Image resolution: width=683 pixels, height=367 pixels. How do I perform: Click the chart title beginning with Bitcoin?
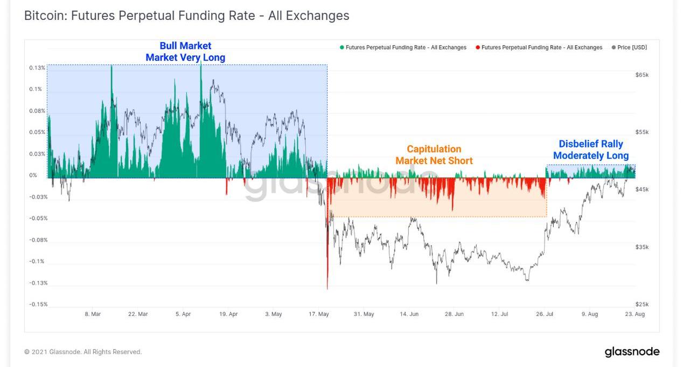(186, 16)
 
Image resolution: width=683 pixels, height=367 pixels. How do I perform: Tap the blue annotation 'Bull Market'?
(185, 46)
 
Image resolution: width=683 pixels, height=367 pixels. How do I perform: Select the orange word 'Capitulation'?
(434, 149)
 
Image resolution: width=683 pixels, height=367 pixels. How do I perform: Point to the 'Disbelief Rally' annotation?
(590, 144)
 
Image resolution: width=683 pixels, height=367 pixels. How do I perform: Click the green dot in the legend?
(342, 47)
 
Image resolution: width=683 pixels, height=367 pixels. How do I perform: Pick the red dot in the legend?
(478, 47)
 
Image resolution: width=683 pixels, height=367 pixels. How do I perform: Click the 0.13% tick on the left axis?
(37, 68)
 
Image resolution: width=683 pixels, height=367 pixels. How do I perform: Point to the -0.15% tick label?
(38, 304)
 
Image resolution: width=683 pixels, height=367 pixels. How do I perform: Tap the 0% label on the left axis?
(33, 175)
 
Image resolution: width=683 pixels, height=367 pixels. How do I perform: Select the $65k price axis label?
(642, 75)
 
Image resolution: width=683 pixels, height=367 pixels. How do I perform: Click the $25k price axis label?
(642, 304)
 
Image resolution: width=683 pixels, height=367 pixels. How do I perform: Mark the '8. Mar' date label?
(93, 314)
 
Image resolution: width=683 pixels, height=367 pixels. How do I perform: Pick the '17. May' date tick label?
(319, 314)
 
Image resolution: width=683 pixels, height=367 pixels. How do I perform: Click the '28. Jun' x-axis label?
(454, 314)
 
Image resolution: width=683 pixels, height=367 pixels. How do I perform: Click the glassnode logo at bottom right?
(632, 352)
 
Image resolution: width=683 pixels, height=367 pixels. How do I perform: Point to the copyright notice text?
(83, 352)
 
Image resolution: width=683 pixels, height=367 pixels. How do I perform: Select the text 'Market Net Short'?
(434, 161)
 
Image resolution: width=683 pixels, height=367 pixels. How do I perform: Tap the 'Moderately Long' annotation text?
(590, 156)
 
